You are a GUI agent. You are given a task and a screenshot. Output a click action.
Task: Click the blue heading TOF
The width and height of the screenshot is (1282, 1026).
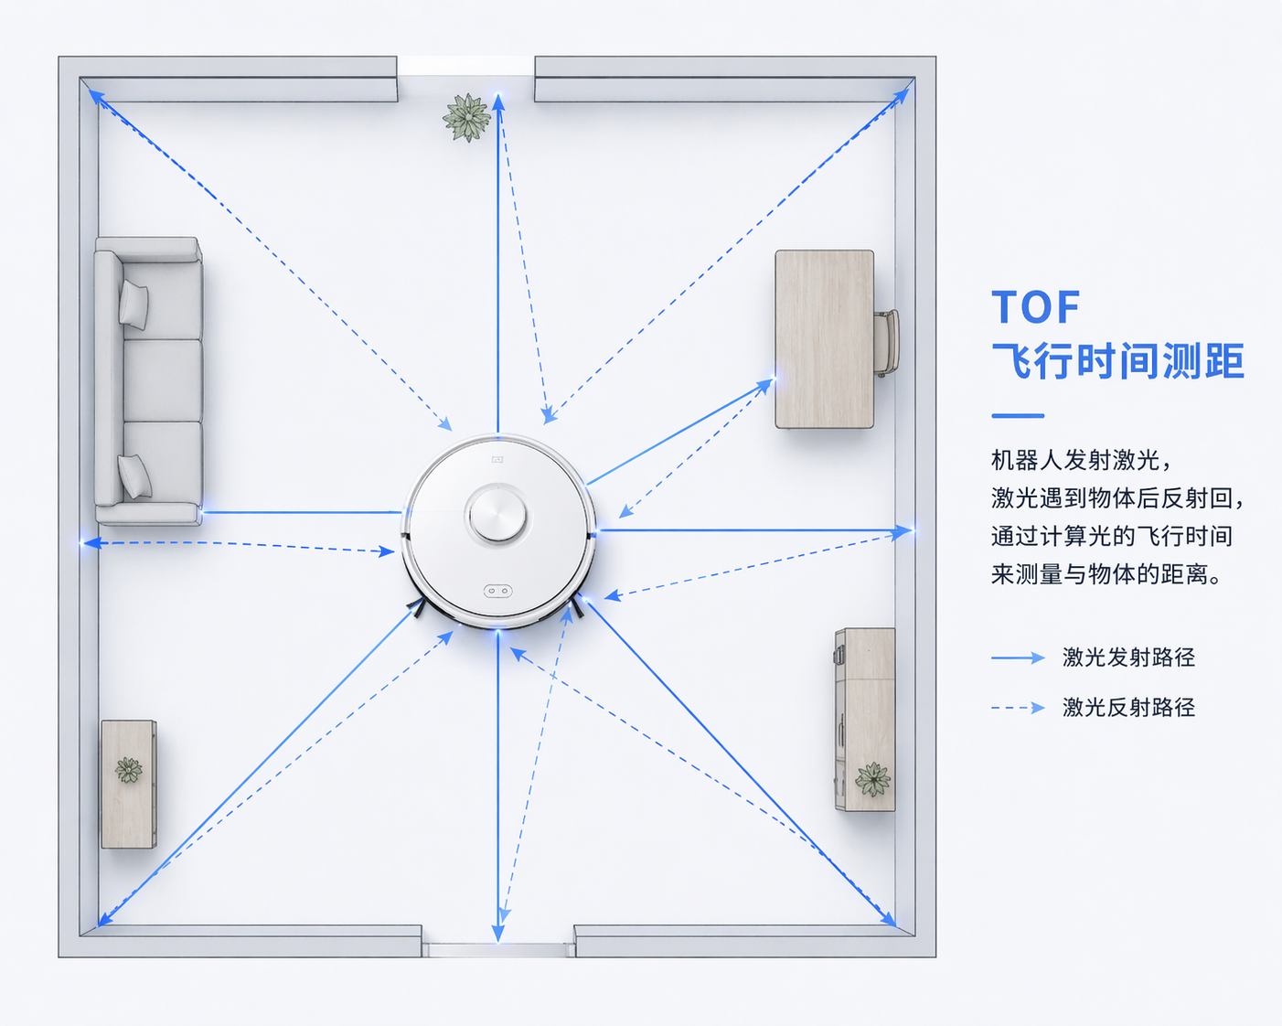click(x=1035, y=307)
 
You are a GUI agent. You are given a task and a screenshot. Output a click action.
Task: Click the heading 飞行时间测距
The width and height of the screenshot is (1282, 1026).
click(x=1117, y=361)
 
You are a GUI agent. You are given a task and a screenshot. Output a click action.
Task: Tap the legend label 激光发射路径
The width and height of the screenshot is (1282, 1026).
click(x=1128, y=657)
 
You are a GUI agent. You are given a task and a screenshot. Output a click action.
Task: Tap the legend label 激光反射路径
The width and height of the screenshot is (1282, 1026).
click(x=1128, y=707)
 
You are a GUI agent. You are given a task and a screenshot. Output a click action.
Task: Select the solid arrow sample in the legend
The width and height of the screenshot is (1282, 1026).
click(x=1018, y=657)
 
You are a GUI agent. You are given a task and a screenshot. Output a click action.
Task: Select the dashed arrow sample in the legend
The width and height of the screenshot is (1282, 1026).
click(x=1018, y=708)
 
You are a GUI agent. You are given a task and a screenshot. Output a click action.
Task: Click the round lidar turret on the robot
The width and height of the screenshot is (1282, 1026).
click(x=497, y=515)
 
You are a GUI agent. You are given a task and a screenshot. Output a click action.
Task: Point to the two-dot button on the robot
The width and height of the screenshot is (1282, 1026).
click(x=497, y=591)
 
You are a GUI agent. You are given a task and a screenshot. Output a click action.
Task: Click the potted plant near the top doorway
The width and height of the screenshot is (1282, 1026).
click(x=467, y=117)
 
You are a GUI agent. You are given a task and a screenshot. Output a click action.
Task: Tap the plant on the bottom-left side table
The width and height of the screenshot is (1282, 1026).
click(x=129, y=770)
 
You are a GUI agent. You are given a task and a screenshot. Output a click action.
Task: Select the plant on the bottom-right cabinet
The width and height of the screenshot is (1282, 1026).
click(x=872, y=779)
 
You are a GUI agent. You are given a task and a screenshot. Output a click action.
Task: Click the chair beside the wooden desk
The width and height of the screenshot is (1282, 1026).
click(x=886, y=343)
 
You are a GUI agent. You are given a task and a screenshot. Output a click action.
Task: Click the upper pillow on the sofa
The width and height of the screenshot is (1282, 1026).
click(x=134, y=305)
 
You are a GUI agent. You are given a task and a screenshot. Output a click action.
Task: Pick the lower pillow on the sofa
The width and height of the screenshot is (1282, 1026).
click(x=134, y=476)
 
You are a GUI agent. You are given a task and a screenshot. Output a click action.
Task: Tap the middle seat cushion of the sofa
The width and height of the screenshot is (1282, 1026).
click(x=162, y=380)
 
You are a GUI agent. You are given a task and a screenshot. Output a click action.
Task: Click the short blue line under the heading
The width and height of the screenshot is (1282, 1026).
click(x=1018, y=416)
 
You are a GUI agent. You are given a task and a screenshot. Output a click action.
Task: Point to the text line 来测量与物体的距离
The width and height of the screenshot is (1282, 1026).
click(x=1106, y=573)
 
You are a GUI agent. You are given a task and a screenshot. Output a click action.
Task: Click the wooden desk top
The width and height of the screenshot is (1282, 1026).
click(x=825, y=339)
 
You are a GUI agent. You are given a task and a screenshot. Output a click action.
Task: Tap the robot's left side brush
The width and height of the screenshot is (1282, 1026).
click(x=417, y=608)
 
